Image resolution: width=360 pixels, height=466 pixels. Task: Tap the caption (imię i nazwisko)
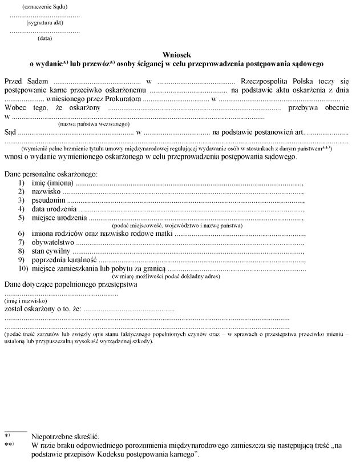click(x=25, y=300)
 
